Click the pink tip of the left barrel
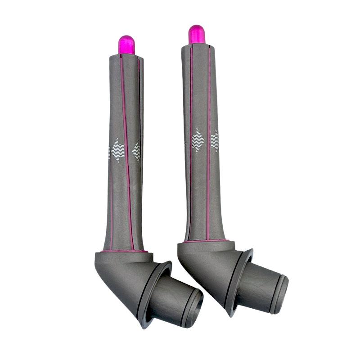[126, 45]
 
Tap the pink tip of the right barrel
[197, 35]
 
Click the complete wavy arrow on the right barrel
[198, 140]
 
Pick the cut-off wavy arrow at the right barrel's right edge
[215, 140]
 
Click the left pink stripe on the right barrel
[191, 144]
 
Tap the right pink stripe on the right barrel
[209, 144]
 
